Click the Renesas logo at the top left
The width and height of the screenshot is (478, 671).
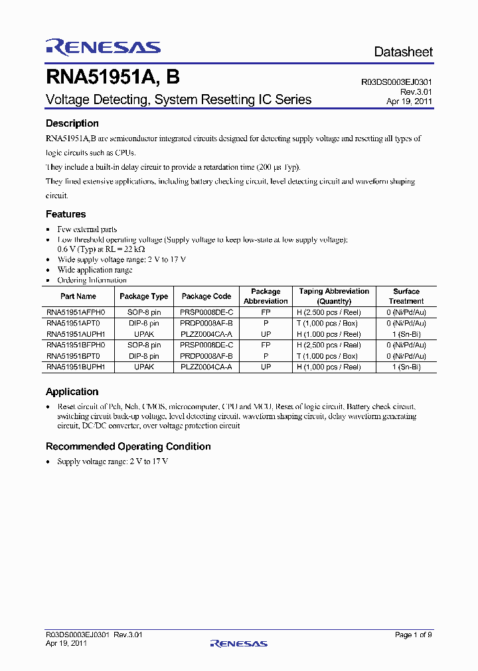103,46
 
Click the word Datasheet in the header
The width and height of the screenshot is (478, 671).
403,52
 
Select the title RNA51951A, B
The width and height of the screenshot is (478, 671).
112,78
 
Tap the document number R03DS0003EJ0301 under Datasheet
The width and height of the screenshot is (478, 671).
397,82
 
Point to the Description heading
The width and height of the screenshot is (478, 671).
72,123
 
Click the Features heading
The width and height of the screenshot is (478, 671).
66,214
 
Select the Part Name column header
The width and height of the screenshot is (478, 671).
78,296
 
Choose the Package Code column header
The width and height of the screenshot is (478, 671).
206,296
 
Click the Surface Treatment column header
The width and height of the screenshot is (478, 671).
406,296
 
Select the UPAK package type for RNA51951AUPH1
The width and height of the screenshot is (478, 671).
144,335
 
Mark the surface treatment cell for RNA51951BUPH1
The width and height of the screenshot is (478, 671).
406,367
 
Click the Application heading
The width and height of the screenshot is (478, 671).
72,392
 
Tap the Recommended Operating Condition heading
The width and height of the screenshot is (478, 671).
128,446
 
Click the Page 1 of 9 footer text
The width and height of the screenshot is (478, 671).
413,635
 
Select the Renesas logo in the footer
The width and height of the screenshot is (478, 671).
238,643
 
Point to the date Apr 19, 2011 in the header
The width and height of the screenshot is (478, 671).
410,102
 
